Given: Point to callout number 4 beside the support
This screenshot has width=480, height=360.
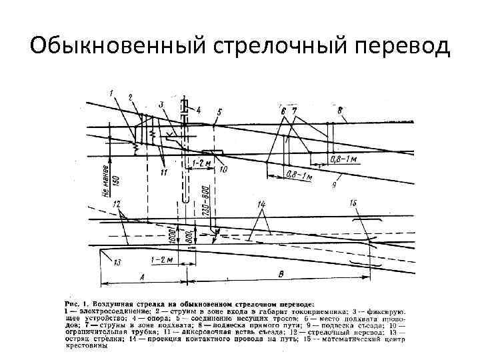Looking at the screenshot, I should coord(198,109).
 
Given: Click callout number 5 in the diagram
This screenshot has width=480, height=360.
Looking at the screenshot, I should coord(220,111).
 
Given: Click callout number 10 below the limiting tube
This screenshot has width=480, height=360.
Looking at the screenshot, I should coord(223,169).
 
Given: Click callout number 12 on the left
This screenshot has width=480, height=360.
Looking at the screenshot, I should coord(117,202).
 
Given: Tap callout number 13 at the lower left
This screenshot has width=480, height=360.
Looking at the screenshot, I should coord(117,263).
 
